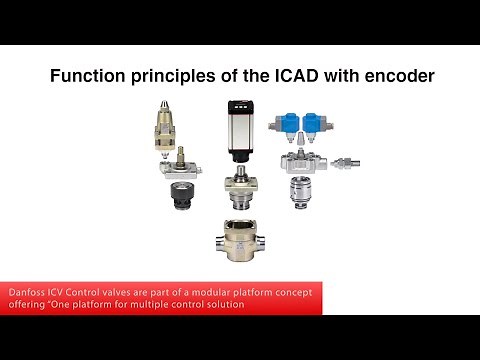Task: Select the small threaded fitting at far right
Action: point(350,161)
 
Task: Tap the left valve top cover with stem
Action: point(181,164)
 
